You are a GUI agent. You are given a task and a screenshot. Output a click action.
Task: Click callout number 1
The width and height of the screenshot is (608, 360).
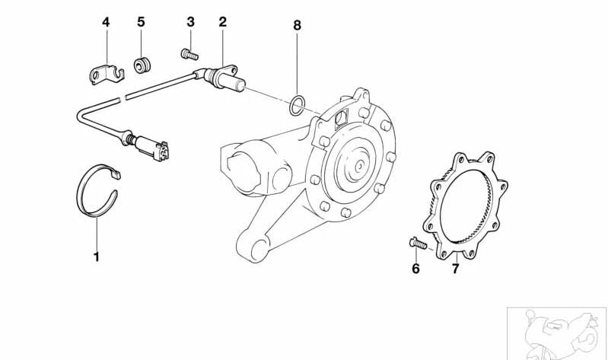click(x=97, y=256)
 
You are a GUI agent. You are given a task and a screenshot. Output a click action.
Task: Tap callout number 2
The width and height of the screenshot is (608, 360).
click(x=222, y=22)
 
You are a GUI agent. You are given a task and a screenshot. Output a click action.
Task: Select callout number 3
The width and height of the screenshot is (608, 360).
click(x=190, y=22)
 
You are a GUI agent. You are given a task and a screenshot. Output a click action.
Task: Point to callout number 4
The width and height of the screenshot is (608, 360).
click(x=106, y=22)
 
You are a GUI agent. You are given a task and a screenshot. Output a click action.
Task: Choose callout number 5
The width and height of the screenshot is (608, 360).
click(x=141, y=22)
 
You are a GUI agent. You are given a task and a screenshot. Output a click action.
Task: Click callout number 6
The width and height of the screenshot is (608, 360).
click(x=415, y=269)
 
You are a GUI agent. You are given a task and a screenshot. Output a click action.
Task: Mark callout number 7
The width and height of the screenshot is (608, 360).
click(x=454, y=269)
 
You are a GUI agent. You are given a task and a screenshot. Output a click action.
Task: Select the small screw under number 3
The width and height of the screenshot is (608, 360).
click(x=189, y=53)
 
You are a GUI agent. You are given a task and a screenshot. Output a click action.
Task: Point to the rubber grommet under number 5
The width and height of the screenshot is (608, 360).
click(x=140, y=65)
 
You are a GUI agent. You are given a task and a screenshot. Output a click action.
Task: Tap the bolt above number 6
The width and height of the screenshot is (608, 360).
click(x=415, y=244)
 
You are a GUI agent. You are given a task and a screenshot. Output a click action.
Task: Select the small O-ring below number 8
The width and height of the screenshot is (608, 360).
click(x=299, y=104)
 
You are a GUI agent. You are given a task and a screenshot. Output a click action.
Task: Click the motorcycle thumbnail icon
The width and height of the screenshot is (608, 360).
click(x=557, y=333)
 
